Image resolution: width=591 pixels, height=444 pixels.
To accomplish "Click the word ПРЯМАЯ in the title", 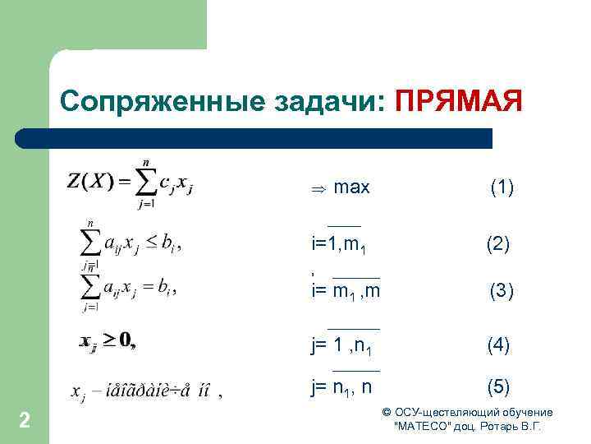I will [458, 102].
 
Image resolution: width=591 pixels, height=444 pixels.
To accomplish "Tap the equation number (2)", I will [497, 244].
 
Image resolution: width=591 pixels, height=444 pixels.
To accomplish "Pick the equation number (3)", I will [502, 291].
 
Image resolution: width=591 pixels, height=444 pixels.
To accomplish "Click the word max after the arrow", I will [353, 188].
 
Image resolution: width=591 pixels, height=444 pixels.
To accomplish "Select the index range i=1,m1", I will [343, 245].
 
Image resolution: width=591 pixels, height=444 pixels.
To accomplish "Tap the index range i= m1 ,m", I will [346, 291].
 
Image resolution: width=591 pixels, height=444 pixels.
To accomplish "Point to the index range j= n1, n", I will [341, 386].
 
